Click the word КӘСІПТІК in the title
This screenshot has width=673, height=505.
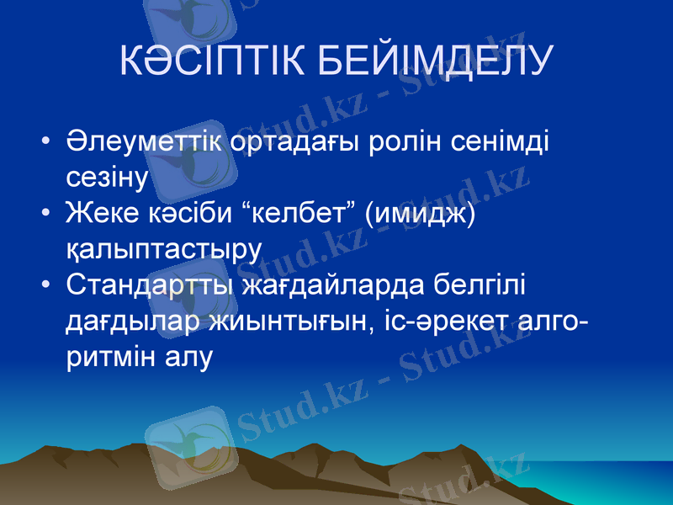pos(215,60)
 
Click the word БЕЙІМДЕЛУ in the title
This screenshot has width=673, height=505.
pos(440,60)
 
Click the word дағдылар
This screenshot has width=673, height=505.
pos(131,321)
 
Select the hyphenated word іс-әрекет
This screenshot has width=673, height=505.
pos(448,321)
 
